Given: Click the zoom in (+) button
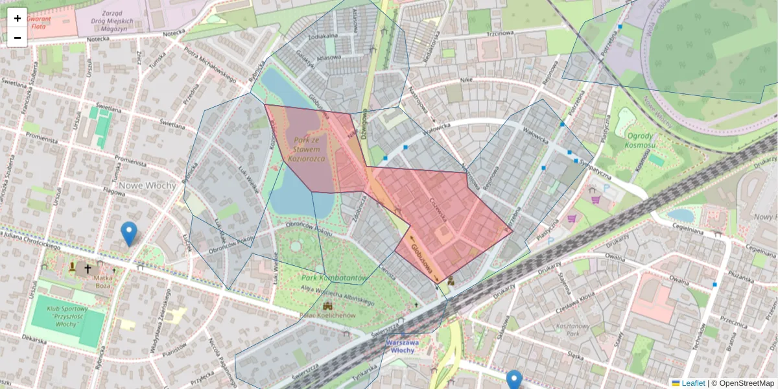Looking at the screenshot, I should click(18, 18).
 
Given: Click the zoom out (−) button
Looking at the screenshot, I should click(18, 38).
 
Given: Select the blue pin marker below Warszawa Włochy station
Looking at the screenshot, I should click(514, 379).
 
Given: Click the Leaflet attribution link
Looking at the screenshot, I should click(692, 383).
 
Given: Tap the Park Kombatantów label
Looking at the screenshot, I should click(335, 277).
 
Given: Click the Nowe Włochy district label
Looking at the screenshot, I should click(147, 185).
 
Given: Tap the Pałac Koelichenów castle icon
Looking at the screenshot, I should click(328, 305).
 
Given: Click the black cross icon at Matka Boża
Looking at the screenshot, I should click(88, 268).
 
